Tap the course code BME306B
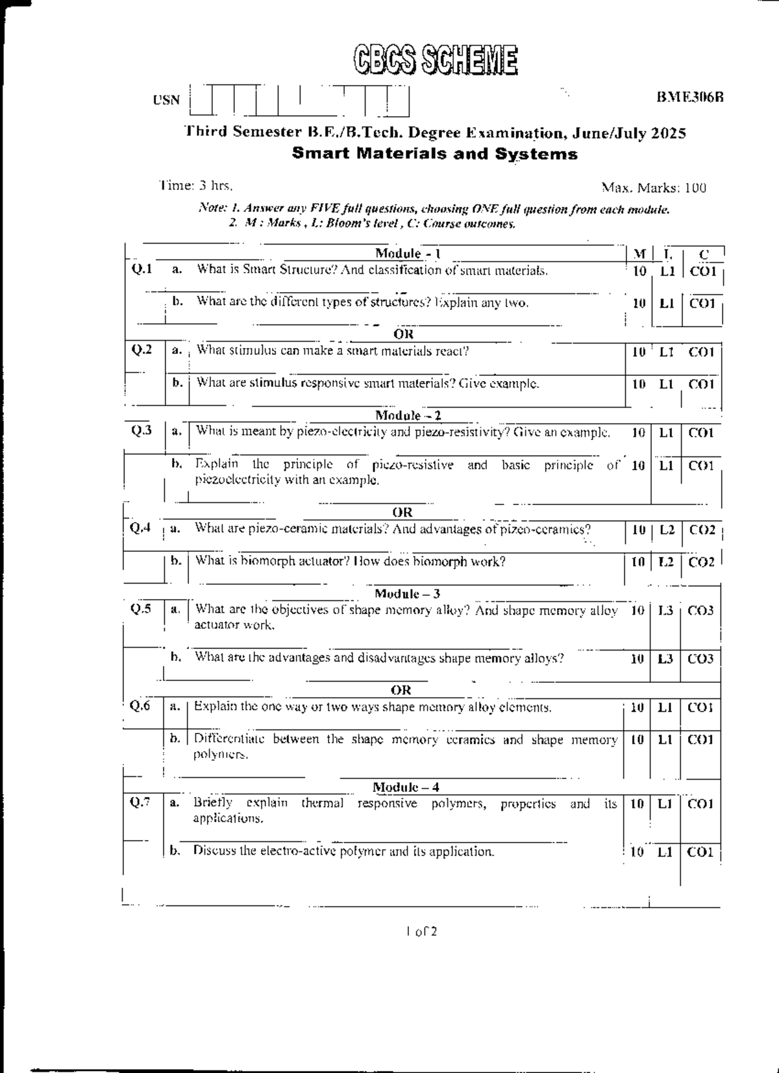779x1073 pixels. coord(689,97)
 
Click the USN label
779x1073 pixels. coord(166,100)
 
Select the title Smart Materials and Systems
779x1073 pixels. coord(434,154)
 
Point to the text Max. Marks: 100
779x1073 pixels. coord(654,188)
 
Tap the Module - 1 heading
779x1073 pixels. coord(408,254)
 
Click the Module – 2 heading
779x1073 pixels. coord(408,415)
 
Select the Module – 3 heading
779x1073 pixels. coord(407,593)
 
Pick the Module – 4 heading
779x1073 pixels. coord(406,787)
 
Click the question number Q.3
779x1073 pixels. coord(142,430)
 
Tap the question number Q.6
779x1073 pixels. coord(140,706)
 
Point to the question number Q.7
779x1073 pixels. coord(140,803)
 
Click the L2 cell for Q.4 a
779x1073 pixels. coord(667,530)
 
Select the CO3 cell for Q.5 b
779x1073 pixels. coord(700,659)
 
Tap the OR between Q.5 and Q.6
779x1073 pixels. coord(402,689)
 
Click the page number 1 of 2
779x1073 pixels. coord(421,932)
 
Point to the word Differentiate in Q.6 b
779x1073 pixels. coord(229,739)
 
